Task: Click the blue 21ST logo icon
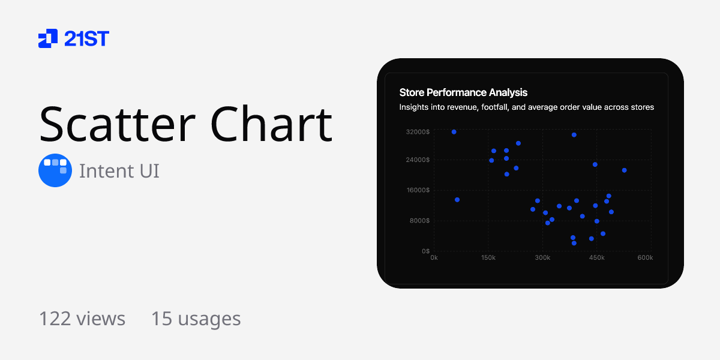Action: point(48,38)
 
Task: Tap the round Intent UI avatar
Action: point(55,170)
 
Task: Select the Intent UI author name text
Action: point(119,171)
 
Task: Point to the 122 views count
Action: point(82,319)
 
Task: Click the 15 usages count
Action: point(196,319)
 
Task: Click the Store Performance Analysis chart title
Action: point(463,92)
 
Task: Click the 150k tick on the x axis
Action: point(488,258)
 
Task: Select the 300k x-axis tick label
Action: point(542,258)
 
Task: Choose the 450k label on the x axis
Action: point(596,258)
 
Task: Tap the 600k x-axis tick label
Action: point(645,258)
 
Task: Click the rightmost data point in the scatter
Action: point(624,170)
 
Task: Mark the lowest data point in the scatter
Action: point(574,243)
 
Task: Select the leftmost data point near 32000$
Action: point(454,132)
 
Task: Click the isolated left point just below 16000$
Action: point(457,200)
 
